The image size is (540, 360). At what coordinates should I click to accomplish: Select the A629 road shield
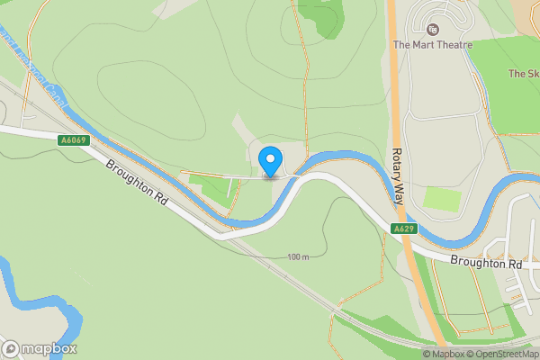(403, 229)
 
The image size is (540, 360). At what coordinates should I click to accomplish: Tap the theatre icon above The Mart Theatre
(432, 29)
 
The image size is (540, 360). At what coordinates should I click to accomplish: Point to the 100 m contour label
(298, 258)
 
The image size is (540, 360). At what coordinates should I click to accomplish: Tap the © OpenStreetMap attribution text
(502, 354)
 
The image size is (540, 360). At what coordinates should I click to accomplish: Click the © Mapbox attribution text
(443, 354)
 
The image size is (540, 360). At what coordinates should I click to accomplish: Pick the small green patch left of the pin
(212, 188)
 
